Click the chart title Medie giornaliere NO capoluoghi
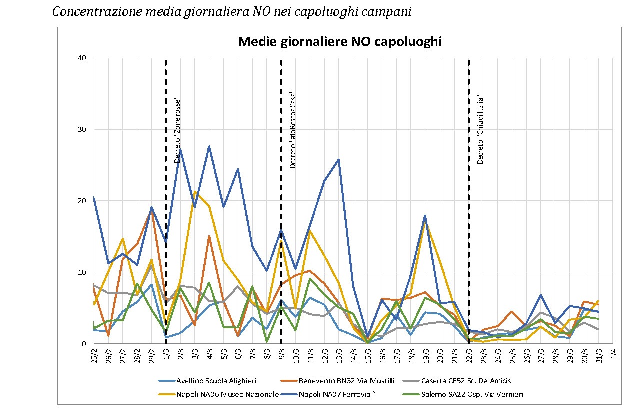[340, 42]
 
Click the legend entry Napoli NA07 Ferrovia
[337, 394]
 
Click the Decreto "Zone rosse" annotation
[177, 129]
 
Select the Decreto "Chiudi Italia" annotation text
[480, 130]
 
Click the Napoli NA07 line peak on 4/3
[209, 146]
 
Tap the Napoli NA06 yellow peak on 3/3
[195, 192]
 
